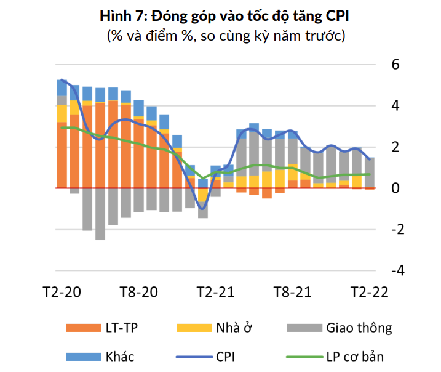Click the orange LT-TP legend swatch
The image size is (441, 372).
(x=85, y=327)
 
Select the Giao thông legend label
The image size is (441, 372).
(x=359, y=327)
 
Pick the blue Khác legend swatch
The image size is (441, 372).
(x=85, y=356)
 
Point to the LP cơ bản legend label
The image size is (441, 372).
(x=357, y=356)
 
